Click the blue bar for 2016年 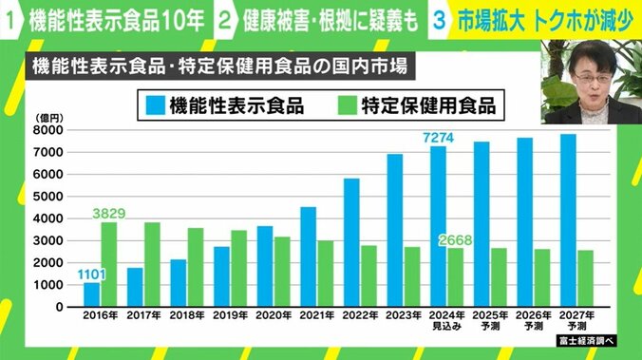[x=91, y=294]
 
